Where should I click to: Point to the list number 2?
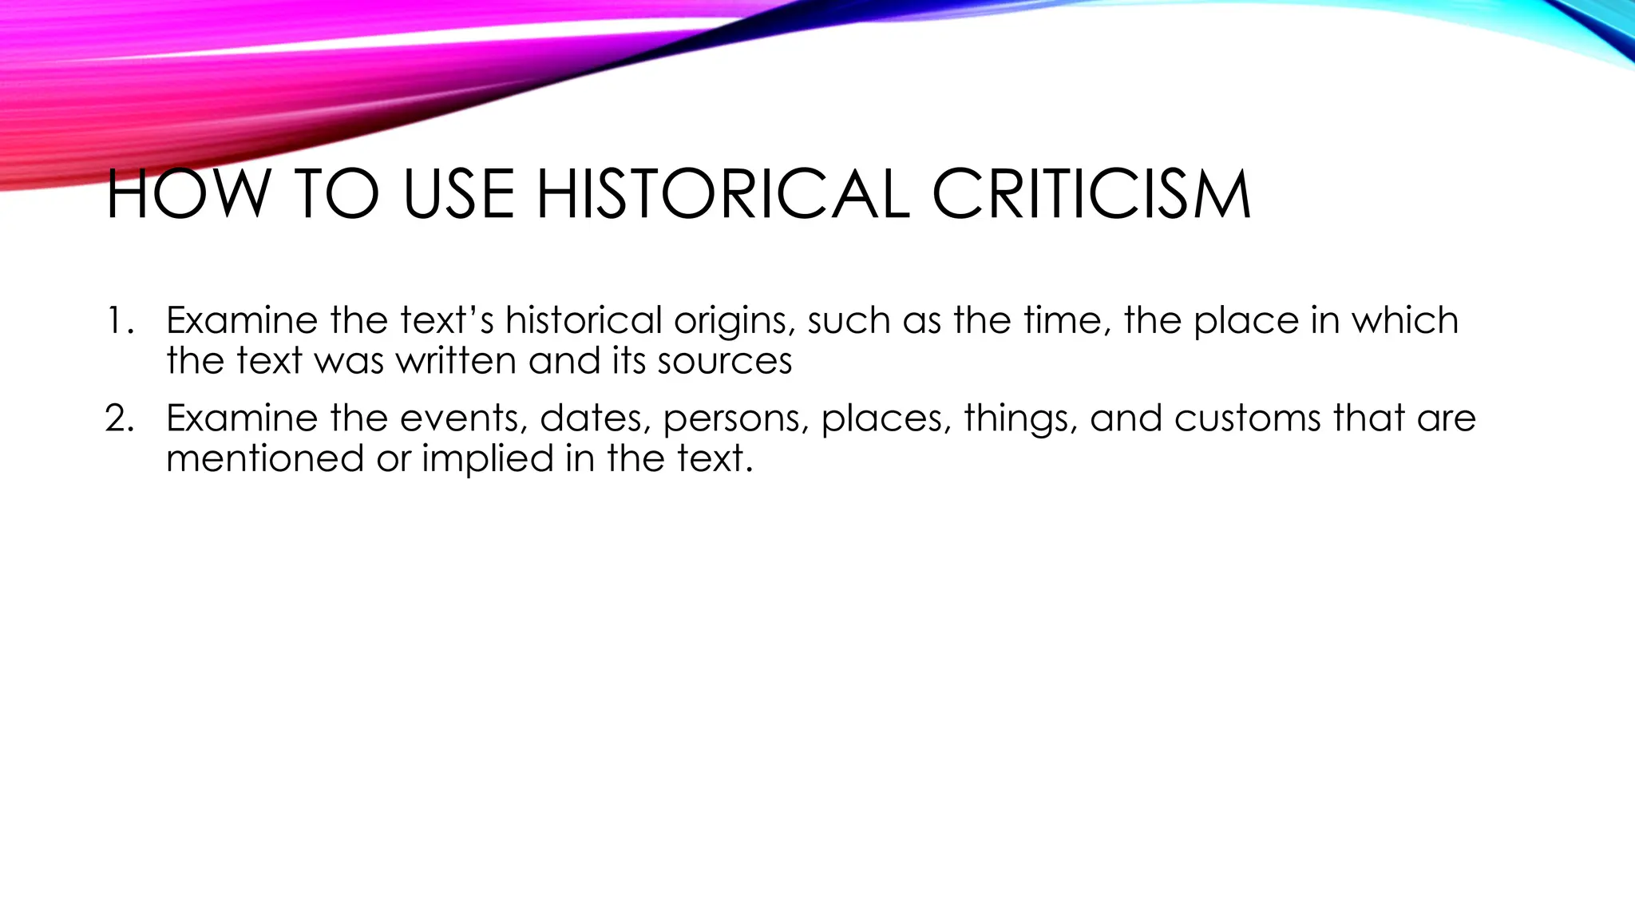(118, 418)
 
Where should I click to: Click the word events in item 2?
(463, 418)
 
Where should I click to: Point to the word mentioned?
(264, 458)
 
